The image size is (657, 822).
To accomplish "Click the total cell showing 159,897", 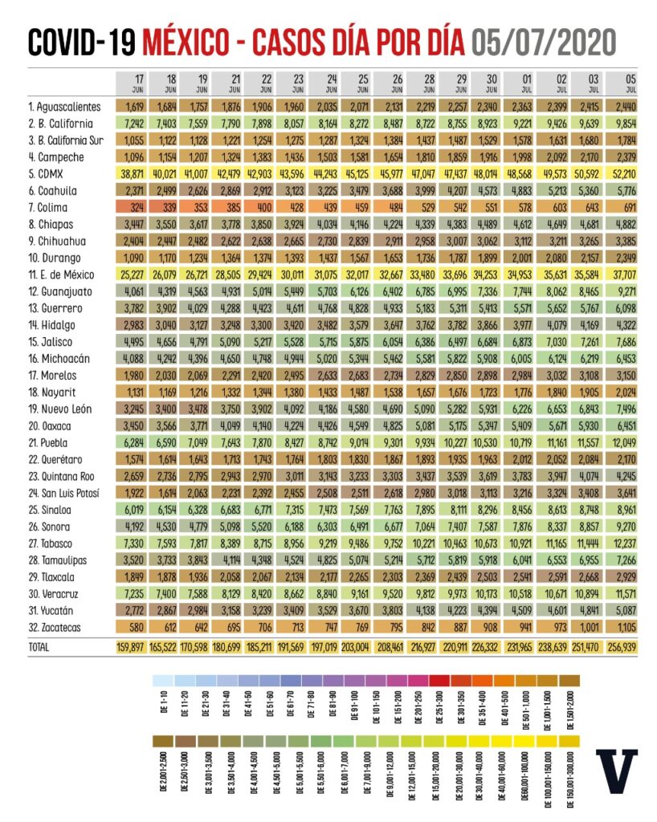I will click(x=135, y=645).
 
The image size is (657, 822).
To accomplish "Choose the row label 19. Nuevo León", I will click(x=59, y=409).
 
